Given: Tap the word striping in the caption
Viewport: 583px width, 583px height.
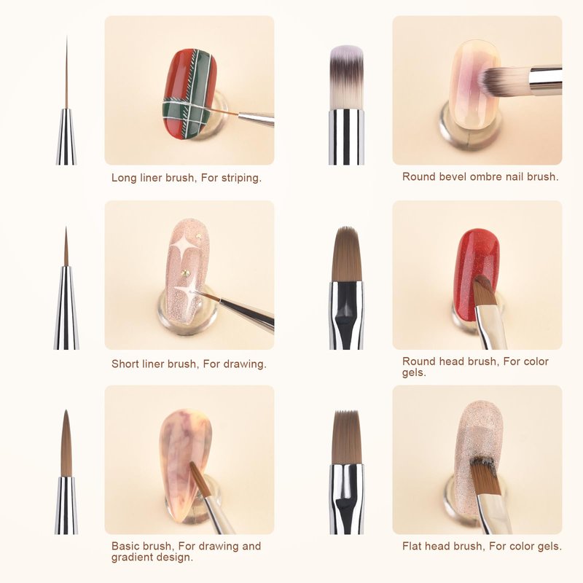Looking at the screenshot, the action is [x=241, y=178].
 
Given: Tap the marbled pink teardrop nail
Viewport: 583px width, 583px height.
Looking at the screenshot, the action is [x=185, y=462].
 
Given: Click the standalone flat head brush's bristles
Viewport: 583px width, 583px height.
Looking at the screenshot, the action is [x=347, y=437].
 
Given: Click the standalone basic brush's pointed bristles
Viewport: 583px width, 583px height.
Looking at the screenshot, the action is [x=66, y=443].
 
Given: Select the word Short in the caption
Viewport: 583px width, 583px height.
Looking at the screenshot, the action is [x=125, y=364].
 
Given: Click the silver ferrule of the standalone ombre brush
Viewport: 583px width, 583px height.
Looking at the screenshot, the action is [x=346, y=137].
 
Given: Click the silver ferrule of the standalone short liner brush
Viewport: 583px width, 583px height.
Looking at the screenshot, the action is [x=66, y=308].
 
